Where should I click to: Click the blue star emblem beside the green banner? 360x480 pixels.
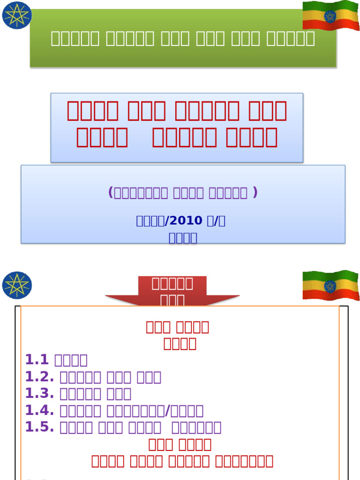click(x=17, y=15)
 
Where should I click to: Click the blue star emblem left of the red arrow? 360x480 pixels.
click(x=17, y=285)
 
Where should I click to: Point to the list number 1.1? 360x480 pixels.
click(x=37, y=360)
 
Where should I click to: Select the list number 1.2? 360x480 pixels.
click(x=39, y=377)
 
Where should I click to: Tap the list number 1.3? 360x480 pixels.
click(x=39, y=394)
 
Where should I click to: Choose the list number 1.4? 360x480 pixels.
click(x=39, y=411)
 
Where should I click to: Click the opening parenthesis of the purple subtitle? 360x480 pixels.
click(x=111, y=193)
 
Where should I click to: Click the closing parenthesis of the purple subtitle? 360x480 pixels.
click(x=255, y=193)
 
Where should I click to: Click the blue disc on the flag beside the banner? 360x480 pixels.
click(x=330, y=17)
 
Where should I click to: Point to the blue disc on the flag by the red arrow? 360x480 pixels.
click(x=330, y=286)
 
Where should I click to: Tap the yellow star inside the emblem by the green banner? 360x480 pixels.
click(x=17, y=15)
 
